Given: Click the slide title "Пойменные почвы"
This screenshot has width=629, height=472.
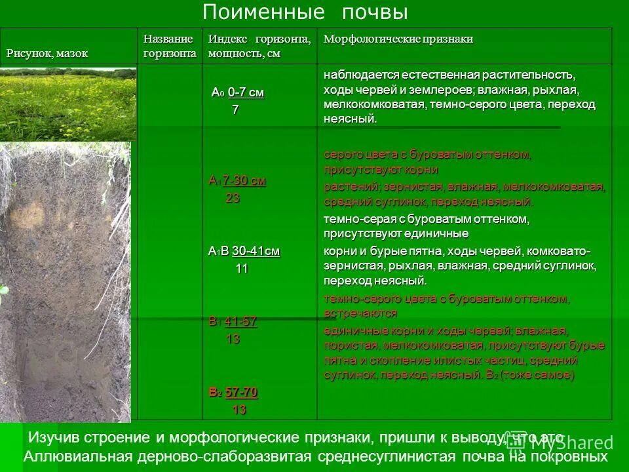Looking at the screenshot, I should [x=305, y=12].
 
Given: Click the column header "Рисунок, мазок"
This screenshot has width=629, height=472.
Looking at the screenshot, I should [x=47, y=54].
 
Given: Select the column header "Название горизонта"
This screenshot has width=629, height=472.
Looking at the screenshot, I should [x=170, y=47].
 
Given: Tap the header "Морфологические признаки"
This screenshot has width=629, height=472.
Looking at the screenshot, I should [x=398, y=39].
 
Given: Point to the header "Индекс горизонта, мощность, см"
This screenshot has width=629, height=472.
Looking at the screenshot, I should [x=259, y=47].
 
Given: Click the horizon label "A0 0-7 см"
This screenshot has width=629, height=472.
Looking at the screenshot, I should [x=237, y=92].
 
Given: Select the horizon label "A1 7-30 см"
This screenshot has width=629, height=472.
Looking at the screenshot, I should [x=237, y=181].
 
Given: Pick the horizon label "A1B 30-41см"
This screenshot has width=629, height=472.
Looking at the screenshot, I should [x=244, y=251].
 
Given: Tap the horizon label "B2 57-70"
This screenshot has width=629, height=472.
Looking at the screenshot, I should [x=233, y=393].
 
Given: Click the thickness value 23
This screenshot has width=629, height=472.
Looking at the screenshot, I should [x=233, y=198].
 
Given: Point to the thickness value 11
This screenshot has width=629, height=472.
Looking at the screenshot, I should [x=241, y=268].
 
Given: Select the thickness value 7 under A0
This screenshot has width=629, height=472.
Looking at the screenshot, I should [x=235, y=110].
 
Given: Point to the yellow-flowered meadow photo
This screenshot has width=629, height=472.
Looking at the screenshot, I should [x=67, y=103].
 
